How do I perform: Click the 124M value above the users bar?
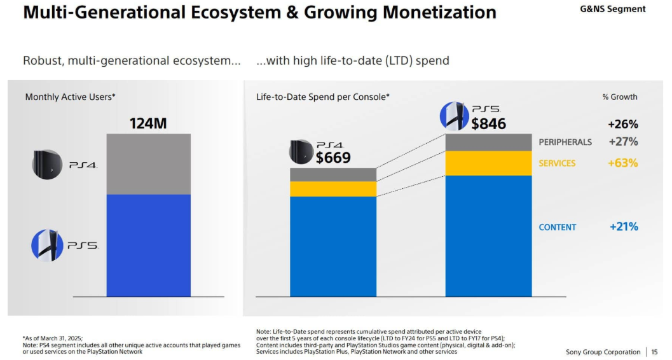pyautogui.click(x=148, y=123)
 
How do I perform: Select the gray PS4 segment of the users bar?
pyautogui.click(x=148, y=163)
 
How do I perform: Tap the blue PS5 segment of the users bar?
pyautogui.click(x=148, y=245)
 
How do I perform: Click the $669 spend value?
pyautogui.click(x=333, y=158)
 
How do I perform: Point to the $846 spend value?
pyautogui.click(x=488, y=124)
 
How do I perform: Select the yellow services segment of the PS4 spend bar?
pyautogui.click(x=333, y=189)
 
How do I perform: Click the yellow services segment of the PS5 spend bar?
pyautogui.click(x=488, y=163)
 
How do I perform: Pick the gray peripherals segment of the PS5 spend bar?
pyautogui.click(x=488, y=142)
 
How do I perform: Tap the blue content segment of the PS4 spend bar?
pyautogui.click(x=333, y=246)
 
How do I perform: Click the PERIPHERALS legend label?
pyautogui.click(x=565, y=142)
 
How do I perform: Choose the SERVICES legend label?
pyautogui.click(x=557, y=163)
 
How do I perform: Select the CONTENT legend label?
pyautogui.click(x=558, y=227)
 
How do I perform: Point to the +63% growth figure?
pyautogui.click(x=622, y=163)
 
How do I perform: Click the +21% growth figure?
pyautogui.click(x=624, y=226)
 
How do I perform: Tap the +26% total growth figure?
pyautogui.click(x=623, y=124)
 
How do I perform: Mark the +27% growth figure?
pyautogui.click(x=623, y=142)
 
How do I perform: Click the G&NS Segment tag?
pyautogui.click(x=612, y=9)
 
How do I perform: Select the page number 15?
pyautogui.click(x=654, y=352)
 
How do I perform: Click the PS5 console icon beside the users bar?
pyautogui.click(x=47, y=246)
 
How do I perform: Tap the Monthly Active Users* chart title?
pyautogui.click(x=70, y=97)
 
